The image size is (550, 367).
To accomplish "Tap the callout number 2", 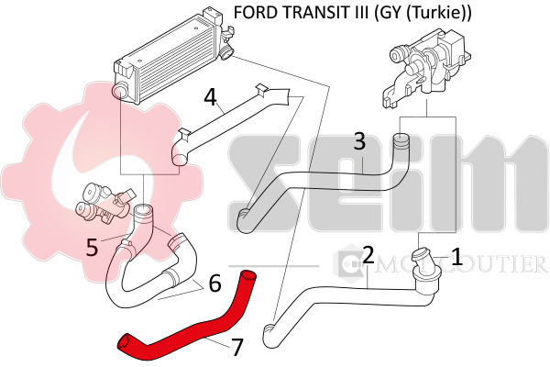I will pyautogui.click(x=367, y=254).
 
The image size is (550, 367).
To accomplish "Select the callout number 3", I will pyautogui.click(x=359, y=142).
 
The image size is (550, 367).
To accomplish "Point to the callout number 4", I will pyautogui.click(x=210, y=96).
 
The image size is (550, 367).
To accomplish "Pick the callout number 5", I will pyautogui.click(x=92, y=246).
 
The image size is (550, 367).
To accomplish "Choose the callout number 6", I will pyautogui.click(x=214, y=284).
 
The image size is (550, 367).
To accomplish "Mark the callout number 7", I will pyautogui.click(x=236, y=347).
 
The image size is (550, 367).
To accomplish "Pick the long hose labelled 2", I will pyautogui.click(x=339, y=295).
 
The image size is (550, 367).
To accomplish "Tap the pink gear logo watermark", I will pyautogui.click(x=55, y=165).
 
